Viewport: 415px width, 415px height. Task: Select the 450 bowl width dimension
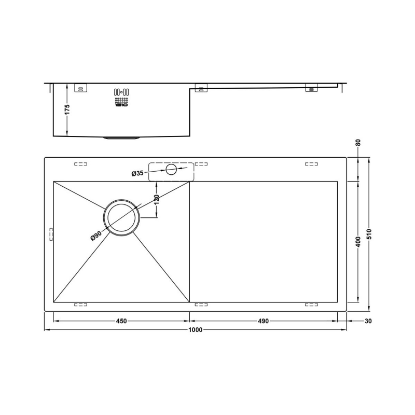[x=121, y=321]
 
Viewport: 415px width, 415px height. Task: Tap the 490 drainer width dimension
[x=263, y=321]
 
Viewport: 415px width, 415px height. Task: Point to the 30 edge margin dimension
[x=368, y=321]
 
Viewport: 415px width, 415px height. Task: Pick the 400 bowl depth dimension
[x=358, y=242]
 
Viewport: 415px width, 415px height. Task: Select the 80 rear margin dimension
[x=358, y=143]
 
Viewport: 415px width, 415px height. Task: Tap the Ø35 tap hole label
[x=137, y=173]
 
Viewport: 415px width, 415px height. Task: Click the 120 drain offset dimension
[x=156, y=199]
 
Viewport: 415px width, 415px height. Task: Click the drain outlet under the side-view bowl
[x=122, y=139]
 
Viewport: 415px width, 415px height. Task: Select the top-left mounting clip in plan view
[x=80, y=164]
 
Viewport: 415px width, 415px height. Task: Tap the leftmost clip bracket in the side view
[x=80, y=88]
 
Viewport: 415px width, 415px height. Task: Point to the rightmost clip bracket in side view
[x=311, y=89]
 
